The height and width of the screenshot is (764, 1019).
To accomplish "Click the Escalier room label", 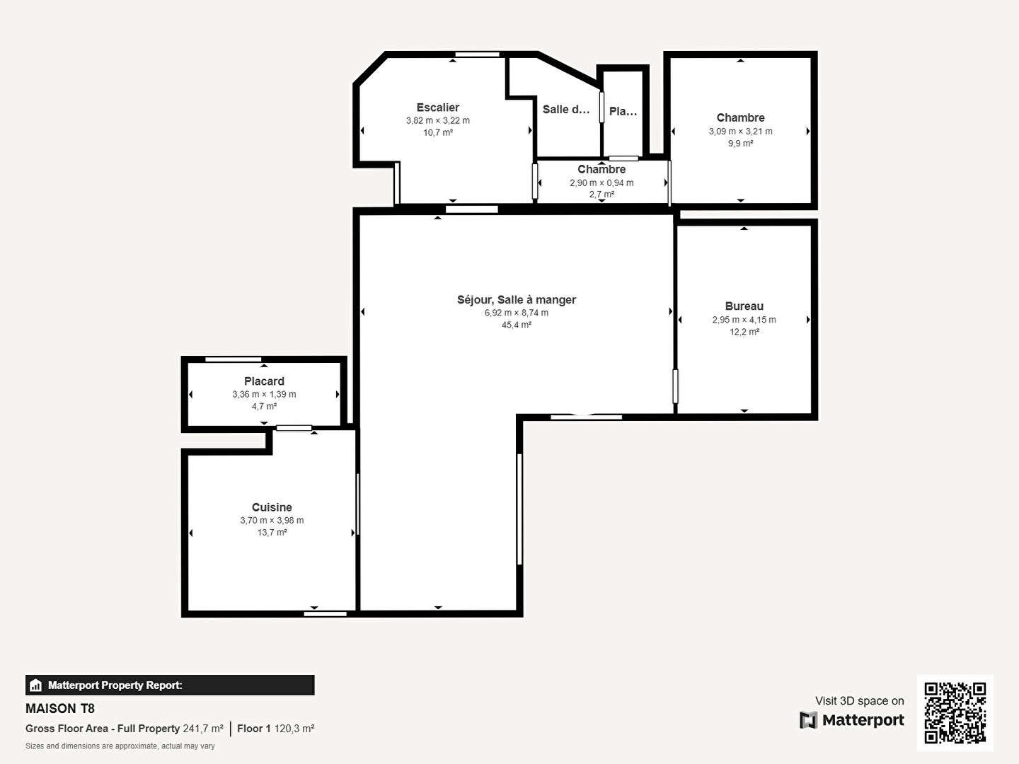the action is [x=438, y=108].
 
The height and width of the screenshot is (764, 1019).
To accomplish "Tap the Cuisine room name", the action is [x=272, y=507].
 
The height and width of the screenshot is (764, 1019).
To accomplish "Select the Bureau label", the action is [x=744, y=306].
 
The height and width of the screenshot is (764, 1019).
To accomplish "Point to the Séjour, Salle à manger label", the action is [x=517, y=300].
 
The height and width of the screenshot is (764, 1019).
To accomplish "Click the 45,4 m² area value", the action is [x=517, y=325].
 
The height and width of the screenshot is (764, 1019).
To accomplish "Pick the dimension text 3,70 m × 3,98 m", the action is [x=272, y=520].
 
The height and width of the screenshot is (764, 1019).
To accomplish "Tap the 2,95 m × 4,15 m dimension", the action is [x=744, y=320].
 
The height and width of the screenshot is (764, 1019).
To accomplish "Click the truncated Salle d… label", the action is [x=566, y=110].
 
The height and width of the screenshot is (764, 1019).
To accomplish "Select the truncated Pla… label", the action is [x=623, y=111].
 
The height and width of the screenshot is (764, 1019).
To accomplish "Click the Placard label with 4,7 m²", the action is [x=264, y=381].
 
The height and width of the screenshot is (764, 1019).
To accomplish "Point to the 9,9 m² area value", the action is [x=740, y=144].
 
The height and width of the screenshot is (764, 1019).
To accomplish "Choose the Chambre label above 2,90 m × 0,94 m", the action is [x=601, y=169].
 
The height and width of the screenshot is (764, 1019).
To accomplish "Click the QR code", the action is [x=955, y=712].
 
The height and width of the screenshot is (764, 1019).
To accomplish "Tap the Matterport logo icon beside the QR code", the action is [x=808, y=720].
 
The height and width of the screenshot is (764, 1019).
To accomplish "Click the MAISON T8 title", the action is [x=60, y=709].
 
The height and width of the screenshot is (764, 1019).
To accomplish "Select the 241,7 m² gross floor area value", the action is [x=203, y=729].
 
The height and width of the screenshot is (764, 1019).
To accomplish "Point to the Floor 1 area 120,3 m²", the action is [x=276, y=729].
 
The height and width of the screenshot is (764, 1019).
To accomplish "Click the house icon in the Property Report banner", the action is [x=36, y=685].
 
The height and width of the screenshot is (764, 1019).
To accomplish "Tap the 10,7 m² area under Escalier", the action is [x=438, y=133].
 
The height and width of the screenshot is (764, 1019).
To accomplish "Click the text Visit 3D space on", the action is [x=859, y=701].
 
